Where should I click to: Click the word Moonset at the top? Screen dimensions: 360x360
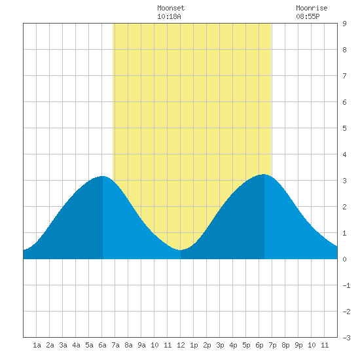point(171,8)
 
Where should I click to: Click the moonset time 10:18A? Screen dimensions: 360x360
point(169,16)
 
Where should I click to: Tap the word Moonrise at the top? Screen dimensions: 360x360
point(312,8)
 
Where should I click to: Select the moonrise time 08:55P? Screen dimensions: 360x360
point(308,16)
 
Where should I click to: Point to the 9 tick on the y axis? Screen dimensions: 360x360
point(344,24)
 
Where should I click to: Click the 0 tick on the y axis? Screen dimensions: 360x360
point(344,259)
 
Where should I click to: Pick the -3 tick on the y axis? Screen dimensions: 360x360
point(346,338)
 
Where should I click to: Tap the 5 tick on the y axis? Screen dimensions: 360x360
point(344,128)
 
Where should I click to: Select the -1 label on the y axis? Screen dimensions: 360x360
point(346,285)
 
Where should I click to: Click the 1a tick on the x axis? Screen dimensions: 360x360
point(37,345)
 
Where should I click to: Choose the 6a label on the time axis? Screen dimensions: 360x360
point(102,345)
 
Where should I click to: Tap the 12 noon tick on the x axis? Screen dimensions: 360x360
point(181,345)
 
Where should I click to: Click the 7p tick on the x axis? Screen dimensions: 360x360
point(272,345)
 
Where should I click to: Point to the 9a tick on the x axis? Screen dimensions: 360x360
point(141,345)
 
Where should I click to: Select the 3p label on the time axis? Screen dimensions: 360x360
point(220,345)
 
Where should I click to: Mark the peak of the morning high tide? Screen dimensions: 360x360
point(102,176)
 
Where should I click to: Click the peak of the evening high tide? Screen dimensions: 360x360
point(264,175)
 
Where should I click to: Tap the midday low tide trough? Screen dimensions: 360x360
point(181,250)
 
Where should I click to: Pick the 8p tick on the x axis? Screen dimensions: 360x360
point(285,345)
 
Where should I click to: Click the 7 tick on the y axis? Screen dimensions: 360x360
point(344,76)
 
